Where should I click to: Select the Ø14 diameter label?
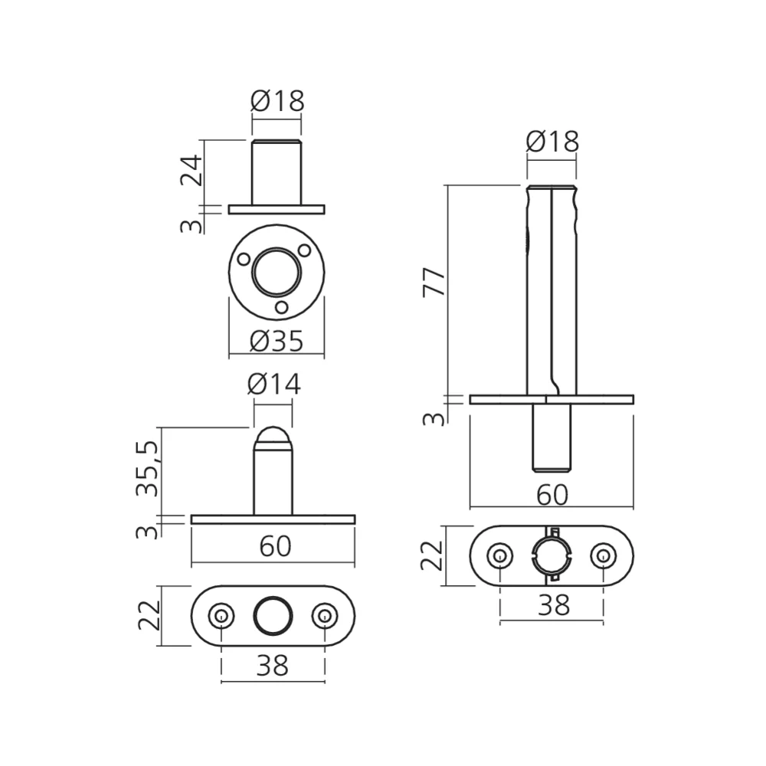click(x=273, y=385)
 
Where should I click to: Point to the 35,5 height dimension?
click(x=148, y=469)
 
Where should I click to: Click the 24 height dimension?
click(x=192, y=172)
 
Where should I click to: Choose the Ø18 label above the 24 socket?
click(x=277, y=100)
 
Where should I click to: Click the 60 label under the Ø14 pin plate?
click(x=274, y=546)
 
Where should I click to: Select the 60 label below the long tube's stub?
click(x=552, y=496)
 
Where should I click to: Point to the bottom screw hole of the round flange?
click(x=282, y=306)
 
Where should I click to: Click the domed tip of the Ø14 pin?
click(x=273, y=438)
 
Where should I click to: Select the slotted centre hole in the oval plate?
click(x=552, y=556)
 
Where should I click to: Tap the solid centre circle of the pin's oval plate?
click(x=273, y=616)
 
